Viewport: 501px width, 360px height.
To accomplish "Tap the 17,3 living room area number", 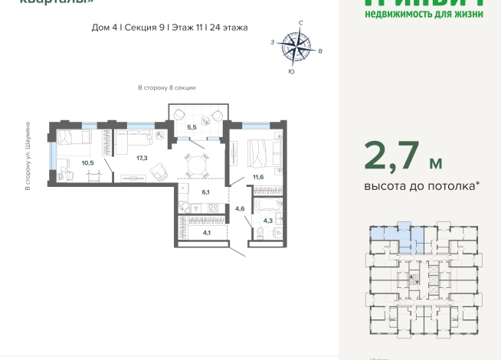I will click(141, 158).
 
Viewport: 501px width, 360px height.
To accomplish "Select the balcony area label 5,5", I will click(192, 126).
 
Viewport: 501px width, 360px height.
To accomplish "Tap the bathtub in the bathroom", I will click(268, 205).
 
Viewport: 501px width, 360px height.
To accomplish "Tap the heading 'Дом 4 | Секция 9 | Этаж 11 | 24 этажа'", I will click(169, 27).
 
